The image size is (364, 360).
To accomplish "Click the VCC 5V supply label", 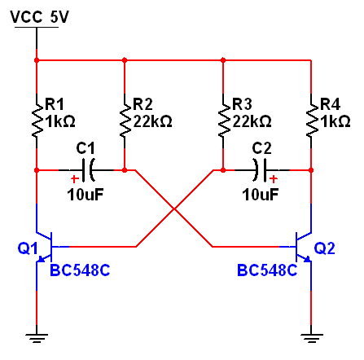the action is coord(39,17).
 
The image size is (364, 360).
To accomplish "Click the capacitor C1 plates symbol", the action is coord(88,170).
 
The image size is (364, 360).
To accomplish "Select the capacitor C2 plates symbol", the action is coord(260,170).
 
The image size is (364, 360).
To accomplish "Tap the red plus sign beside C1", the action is coord(74,179).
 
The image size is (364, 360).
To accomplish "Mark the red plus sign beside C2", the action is coord(274,179).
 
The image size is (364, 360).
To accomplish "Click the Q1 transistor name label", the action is coord(28,248).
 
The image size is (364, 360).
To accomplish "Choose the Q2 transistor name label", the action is coord(324,248).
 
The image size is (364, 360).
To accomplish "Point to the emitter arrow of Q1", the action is coord(41,259).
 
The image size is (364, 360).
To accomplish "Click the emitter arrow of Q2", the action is coord(307,259).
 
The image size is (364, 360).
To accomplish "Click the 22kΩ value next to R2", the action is coord(152,121).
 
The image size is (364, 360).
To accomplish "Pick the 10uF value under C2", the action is coord(261,195).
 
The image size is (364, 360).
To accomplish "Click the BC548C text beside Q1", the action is coord(80,270).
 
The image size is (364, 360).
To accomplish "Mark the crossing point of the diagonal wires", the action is coord(174,209).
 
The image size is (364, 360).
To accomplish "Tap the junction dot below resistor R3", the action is coord(223,170).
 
